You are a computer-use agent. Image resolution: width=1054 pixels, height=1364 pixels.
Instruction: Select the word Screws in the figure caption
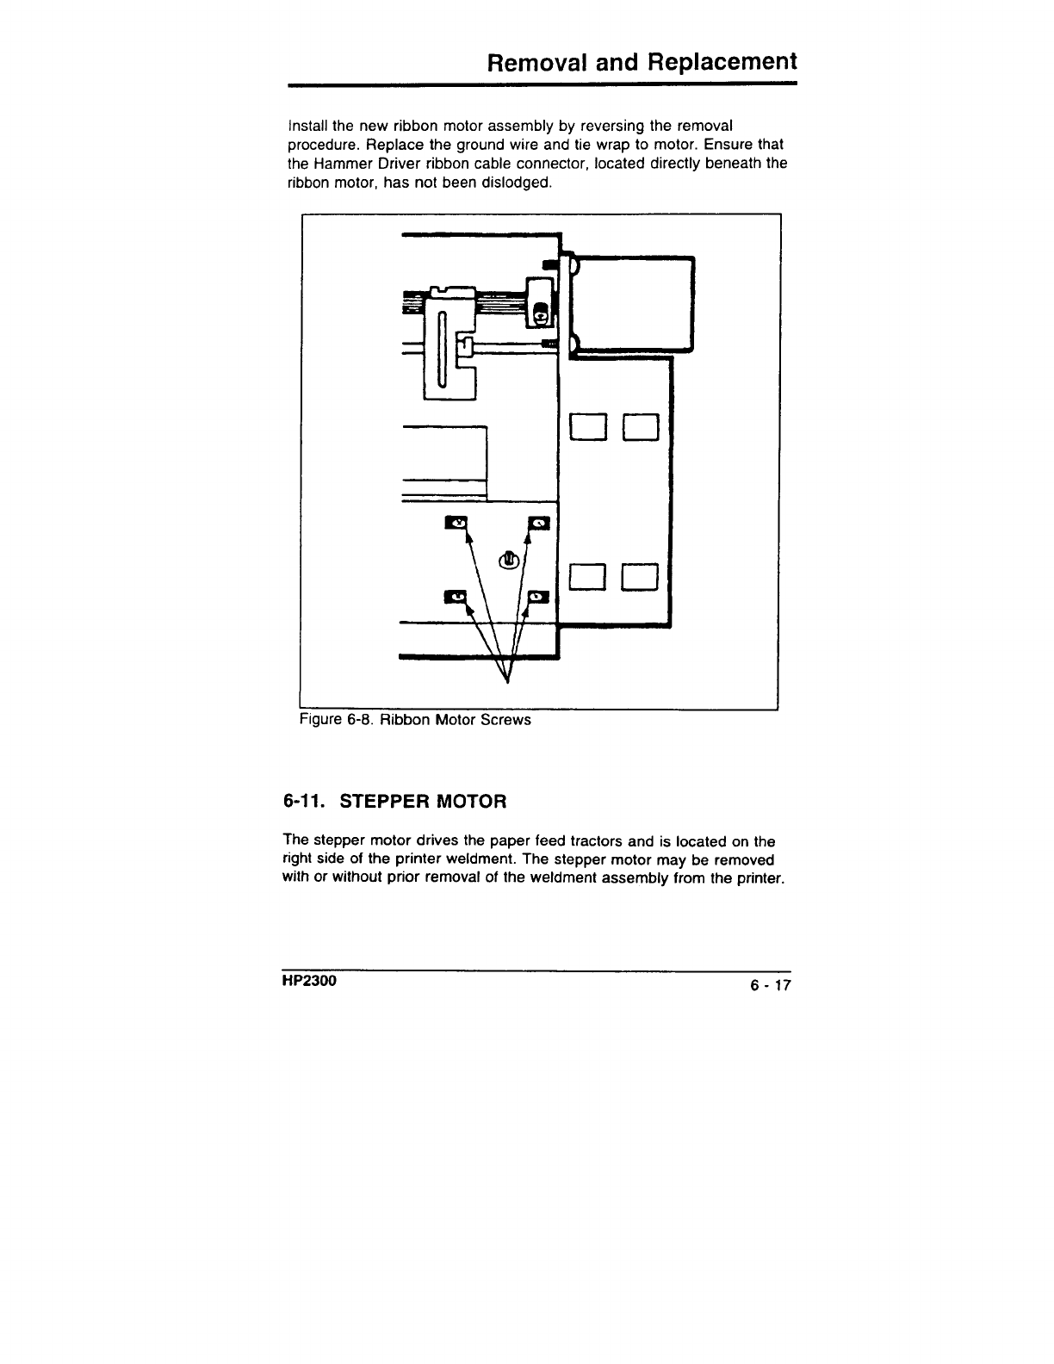[505, 719]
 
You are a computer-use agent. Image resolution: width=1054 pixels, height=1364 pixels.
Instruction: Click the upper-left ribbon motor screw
[456, 523]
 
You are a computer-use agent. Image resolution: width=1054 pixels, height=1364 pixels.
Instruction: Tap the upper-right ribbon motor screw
[539, 523]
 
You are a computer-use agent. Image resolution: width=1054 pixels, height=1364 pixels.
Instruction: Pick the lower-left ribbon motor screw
[456, 596]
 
